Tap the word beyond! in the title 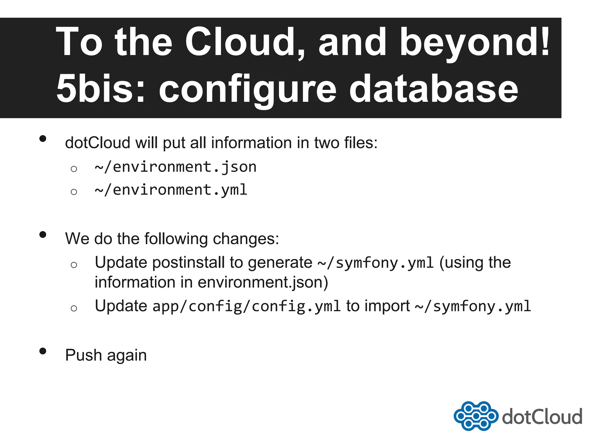pos(475,43)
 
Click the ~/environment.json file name pos(175,167)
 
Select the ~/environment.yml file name pos(171,190)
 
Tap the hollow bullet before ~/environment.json pos(74,169)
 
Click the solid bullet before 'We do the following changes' pos(43,234)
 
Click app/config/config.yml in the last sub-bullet pos(246,306)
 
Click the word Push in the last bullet pos(83,355)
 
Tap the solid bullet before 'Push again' pos(43,351)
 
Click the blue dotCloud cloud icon pos(476,416)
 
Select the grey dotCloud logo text pos(542,417)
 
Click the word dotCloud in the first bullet pos(98,143)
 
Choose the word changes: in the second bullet pos(246,239)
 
